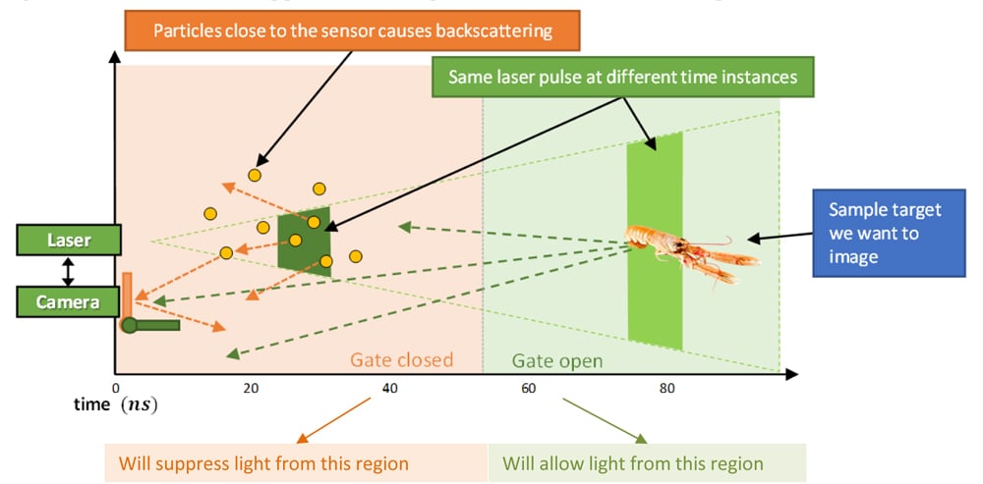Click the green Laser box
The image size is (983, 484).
[68, 241]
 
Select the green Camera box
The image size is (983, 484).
[68, 301]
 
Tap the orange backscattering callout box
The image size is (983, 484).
[353, 30]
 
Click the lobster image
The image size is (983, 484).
[693, 250]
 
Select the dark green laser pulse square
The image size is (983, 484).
[304, 238]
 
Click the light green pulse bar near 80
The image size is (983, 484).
[655, 241]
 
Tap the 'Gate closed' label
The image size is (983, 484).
[401, 360]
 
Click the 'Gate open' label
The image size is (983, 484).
[557, 361]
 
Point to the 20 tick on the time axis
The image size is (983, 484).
[251, 389]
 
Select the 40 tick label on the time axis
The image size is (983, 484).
[389, 389]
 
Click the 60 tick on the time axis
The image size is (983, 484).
[528, 389]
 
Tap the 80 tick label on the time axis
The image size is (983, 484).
[666, 389]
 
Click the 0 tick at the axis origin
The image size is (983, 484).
[116, 389]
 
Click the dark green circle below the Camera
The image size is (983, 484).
[129, 326]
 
